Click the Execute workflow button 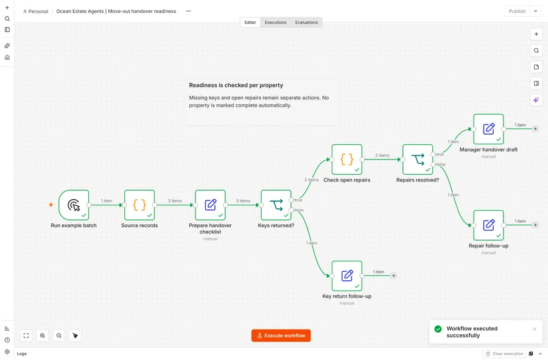click(x=281, y=336)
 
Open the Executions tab click(x=275, y=23)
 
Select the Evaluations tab click(x=306, y=23)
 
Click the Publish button click(x=517, y=11)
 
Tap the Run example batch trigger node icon click(x=74, y=205)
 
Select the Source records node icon click(x=139, y=205)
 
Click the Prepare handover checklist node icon click(x=211, y=205)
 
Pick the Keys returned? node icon click(x=276, y=205)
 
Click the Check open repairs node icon click(x=347, y=160)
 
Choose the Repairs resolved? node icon click(x=418, y=160)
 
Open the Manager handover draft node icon click(x=488, y=129)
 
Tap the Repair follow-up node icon click(x=488, y=225)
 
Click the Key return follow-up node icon click(x=347, y=276)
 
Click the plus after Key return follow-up click(x=393, y=276)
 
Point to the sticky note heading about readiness click(x=236, y=85)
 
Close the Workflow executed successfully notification click(x=535, y=329)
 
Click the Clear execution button click(x=504, y=354)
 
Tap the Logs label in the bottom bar click(x=22, y=354)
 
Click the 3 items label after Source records click(x=175, y=200)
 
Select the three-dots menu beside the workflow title click(x=188, y=11)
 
